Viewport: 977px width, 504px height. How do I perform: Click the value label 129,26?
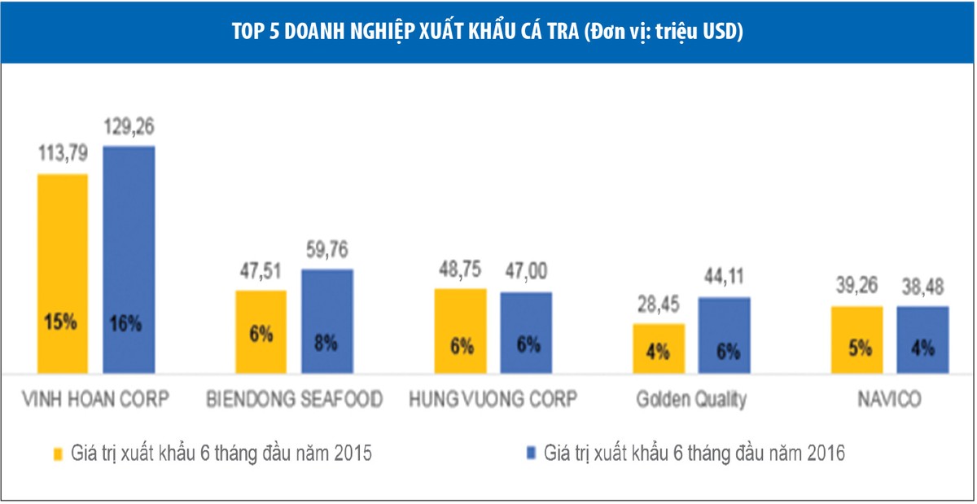129,127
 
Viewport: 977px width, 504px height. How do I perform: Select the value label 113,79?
62,155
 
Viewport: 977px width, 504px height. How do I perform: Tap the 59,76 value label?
326,250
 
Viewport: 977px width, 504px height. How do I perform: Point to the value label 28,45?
658,305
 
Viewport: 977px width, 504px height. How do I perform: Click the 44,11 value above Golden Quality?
724,278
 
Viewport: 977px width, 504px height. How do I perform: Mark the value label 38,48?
922,287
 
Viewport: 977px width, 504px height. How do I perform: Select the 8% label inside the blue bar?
326,343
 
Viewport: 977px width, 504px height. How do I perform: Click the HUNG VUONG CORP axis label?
493,400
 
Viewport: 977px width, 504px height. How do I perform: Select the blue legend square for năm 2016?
532,454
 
